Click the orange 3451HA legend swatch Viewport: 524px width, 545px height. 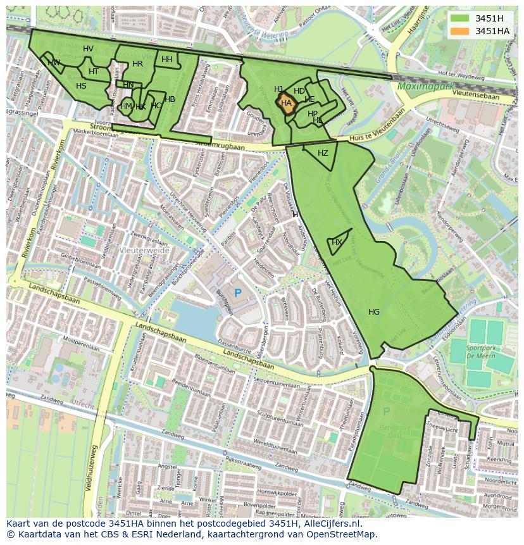tap(460, 31)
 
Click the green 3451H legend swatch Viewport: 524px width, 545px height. tap(460, 18)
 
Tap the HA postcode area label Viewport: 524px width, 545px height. tap(286, 103)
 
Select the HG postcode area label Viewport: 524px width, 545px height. tap(373, 311)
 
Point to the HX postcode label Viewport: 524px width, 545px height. tap(337, 242)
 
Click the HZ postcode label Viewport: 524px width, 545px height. tap(323, 153)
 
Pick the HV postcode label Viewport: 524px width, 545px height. tap(88, 49)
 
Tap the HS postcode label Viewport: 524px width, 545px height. tap(81, 86)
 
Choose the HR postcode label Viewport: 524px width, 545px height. tap(137, 64)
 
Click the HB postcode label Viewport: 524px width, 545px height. tap(170, 99)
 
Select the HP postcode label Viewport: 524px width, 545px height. tap(313, 114)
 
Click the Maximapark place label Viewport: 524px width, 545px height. tap(422, 85)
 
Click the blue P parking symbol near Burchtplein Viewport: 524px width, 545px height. tap(238, 293)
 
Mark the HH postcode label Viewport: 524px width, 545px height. tap(166, 60)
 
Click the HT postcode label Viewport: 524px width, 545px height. tap(94, 72)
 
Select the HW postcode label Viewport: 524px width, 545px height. tap(54, 62)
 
